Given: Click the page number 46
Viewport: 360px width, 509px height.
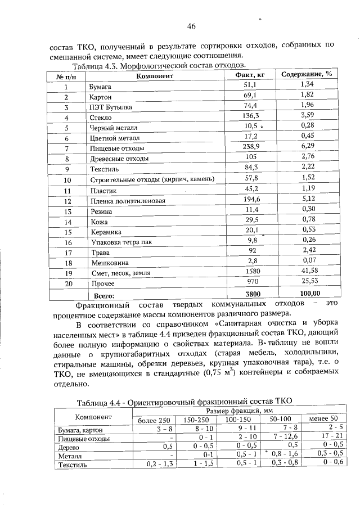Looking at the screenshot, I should (191, 26).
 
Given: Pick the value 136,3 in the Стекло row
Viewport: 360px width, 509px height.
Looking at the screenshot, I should (250, 116).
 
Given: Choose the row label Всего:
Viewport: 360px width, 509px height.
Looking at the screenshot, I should (104, 294).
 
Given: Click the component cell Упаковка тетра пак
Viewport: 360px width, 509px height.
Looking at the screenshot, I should (121, 242).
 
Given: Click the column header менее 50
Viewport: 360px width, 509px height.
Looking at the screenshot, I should (320, 419).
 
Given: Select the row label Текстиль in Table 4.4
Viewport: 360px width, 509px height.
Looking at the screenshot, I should (71, 465).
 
